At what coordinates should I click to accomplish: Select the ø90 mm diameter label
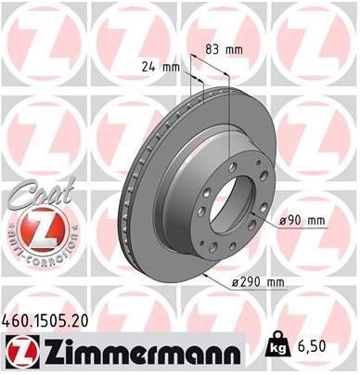pyautogui.click(x=304, y=221)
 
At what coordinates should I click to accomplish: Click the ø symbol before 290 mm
pyautogui.click(x=235, y=282)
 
